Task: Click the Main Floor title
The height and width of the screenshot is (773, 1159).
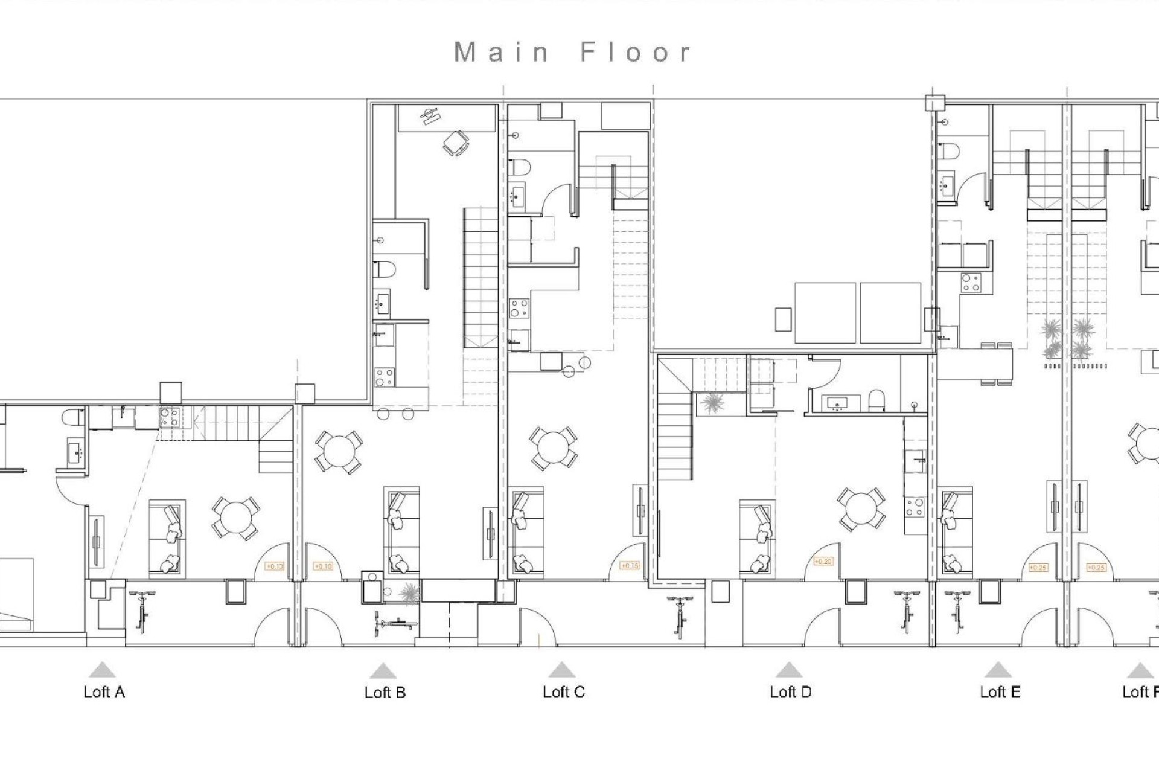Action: pyautogui.click(x=572, y=53)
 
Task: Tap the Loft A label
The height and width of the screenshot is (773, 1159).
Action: pyautogui.click(x=104, y=692)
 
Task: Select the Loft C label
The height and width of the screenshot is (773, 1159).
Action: pyautogui.click(x=564, y=692)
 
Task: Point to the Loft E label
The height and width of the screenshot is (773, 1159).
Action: pyautogui.click(x=1000, y=692)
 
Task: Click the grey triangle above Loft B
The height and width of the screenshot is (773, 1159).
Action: pyautogui.click(x=383, y=671)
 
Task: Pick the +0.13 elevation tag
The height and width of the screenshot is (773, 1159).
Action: pyautogui.click(x=275, y=566)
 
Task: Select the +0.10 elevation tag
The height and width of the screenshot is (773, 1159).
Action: pyautogui.click(x=324, y=566)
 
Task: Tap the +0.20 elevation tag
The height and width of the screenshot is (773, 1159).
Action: pyautogui.click(x=823, y=562)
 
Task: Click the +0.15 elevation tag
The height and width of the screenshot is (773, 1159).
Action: pyautogui.click(x=630, y=566)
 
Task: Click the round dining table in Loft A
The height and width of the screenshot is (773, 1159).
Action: pyautogui.click(x=236, y=518)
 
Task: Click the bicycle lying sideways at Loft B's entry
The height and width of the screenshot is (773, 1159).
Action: pyautogui.click(x=395, y=622)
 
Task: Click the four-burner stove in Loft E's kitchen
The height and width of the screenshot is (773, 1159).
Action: pyautogui.click(x=971, y=283)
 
